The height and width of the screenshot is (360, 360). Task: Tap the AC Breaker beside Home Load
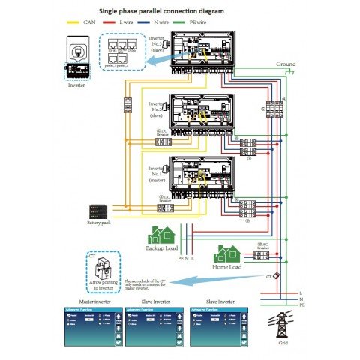point(262,256)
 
